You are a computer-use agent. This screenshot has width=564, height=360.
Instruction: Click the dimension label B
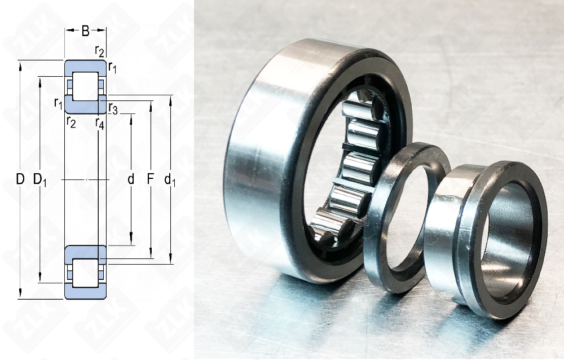click(85, 31)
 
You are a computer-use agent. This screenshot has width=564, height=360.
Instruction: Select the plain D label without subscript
click(20, 179)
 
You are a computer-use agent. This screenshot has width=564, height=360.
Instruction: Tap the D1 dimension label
click(39, 179)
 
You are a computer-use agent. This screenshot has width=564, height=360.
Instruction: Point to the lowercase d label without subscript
click(131, 179)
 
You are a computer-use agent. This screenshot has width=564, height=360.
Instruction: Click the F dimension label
click(151, 179)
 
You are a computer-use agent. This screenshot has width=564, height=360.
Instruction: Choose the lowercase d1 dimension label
click(170, 179)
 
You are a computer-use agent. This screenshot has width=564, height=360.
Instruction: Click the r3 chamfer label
click(113, 108)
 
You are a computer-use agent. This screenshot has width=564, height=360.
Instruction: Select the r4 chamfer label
click(100, 123)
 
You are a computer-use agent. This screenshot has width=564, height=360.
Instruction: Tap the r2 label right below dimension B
click(100, 51)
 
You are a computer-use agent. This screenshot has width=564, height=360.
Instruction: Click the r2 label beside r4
click(71, 122)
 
